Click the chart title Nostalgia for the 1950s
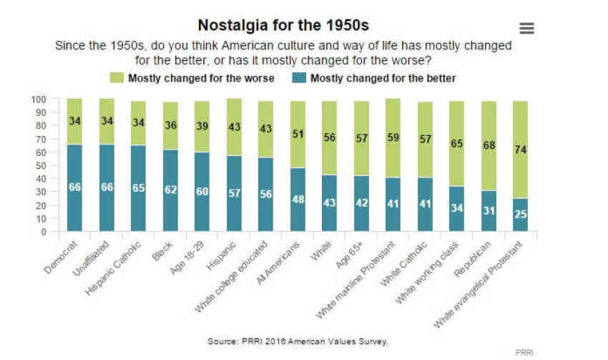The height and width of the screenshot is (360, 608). (283, 26)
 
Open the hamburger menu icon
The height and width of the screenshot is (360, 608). (527, 29)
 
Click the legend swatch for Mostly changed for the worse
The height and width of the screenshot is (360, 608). (116, 78)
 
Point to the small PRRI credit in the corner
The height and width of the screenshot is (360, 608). (525, 353)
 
